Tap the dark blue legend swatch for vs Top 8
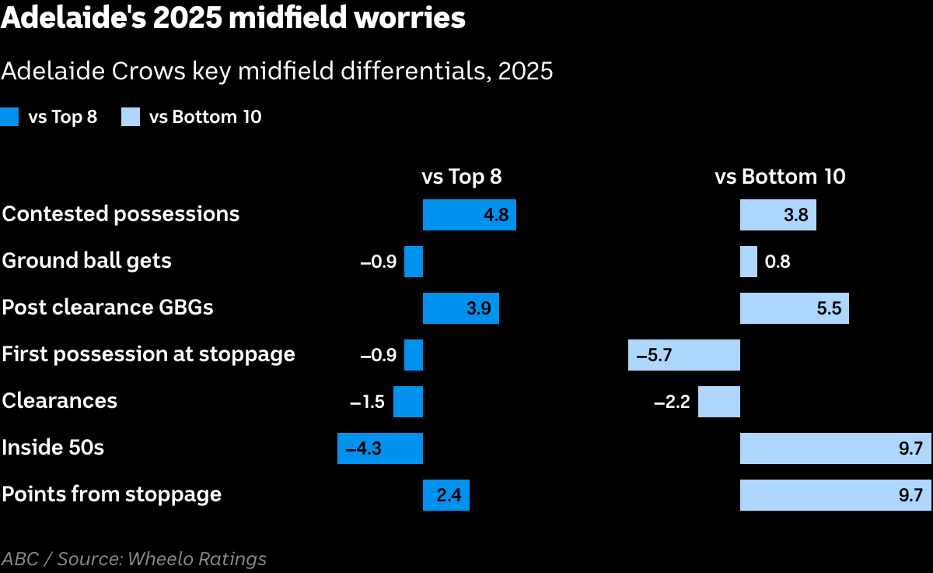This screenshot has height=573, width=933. pos(9,117)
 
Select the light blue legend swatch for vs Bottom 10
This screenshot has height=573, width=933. pos(131,117)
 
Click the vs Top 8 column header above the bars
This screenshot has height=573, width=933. pos(462,177)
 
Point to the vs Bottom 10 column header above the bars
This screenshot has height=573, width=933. pos(780,177)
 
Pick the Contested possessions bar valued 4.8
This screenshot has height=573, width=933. pos(470,215)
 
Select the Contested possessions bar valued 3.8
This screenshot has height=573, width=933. pos(778,215)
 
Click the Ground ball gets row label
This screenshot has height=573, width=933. pos(86,261)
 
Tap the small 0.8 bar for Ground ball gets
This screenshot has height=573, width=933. pos(749,262)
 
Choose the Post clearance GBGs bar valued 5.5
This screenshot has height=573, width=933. pos(795,308)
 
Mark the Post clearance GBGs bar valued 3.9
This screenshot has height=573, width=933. pos(460,308)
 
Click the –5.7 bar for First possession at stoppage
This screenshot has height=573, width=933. pos(684,355)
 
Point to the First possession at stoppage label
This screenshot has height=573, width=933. pos(149,354)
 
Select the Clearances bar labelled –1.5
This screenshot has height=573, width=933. pos(407,402)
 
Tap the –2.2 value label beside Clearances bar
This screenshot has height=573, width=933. pos(672,402)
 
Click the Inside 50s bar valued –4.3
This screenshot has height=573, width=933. pos(380,448)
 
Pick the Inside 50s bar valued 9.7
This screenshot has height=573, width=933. pos(836,448)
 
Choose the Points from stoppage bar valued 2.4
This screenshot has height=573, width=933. pos(446,495)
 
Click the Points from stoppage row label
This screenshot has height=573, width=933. pos(112,494)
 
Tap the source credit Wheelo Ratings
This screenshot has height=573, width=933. pos(197,559)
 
